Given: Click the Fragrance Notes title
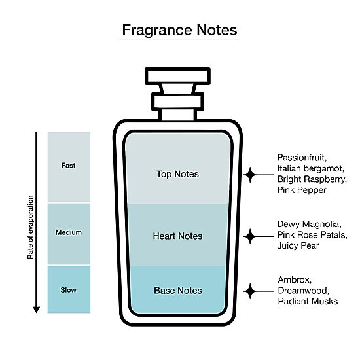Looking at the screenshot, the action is pos(179,30).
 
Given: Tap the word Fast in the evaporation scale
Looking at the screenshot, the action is pos(69,166).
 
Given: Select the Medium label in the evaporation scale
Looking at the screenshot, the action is pos(69,232).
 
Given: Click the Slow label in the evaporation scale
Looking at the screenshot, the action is pos(69,290).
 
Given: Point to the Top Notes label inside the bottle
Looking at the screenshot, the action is pos(177,174).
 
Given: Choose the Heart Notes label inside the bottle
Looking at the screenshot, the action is pos(177,236).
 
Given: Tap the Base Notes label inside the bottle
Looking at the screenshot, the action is pos(178,291).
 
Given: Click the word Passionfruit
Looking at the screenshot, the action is pos(302,158).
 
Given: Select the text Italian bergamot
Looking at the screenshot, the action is pos(311,168).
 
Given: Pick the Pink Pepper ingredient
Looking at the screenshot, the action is pos(302,190).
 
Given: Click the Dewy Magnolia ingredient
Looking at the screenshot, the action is pos(309,225).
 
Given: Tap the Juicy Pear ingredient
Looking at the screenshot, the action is pos(298,246).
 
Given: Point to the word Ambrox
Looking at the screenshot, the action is pos(295,280).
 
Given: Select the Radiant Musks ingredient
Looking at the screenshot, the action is pos(308,301).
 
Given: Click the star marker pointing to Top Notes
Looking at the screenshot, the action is pos(250,175).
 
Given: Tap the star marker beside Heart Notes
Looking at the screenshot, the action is pos(250,236).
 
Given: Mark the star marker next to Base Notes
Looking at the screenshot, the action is pos(250,291).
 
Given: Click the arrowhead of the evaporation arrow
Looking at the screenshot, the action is pos(36,310).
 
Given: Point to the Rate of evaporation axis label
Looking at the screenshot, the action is pos(30,227).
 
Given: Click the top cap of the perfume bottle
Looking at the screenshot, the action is pos(177,76).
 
